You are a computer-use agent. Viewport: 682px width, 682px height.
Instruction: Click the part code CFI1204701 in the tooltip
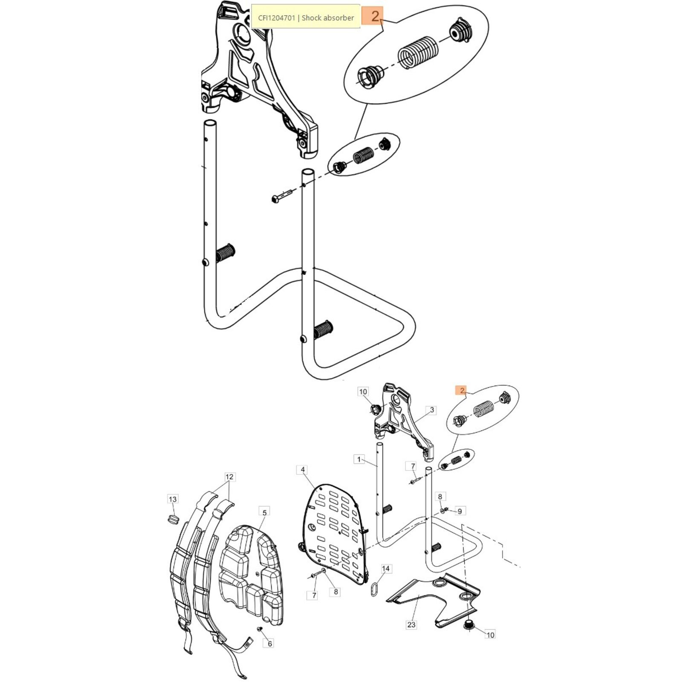276,18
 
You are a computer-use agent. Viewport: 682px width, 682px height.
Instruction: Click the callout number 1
359,459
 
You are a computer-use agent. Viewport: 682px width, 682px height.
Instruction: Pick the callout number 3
432,410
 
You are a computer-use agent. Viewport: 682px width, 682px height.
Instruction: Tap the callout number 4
303,470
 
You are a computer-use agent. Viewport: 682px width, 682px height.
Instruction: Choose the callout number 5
264,512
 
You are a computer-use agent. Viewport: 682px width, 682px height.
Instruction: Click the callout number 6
270,644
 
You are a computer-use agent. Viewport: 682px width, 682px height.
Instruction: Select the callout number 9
459,511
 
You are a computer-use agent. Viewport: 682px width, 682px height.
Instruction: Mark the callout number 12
230,477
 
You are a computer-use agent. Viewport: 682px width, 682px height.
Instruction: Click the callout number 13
173,499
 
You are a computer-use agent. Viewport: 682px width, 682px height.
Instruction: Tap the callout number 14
386,569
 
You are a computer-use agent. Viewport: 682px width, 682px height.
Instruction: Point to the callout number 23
411,625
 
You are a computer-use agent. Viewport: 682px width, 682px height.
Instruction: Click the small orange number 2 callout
462,390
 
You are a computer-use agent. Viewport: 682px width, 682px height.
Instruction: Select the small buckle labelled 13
173,519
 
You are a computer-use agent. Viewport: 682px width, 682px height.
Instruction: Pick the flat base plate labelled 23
435,597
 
